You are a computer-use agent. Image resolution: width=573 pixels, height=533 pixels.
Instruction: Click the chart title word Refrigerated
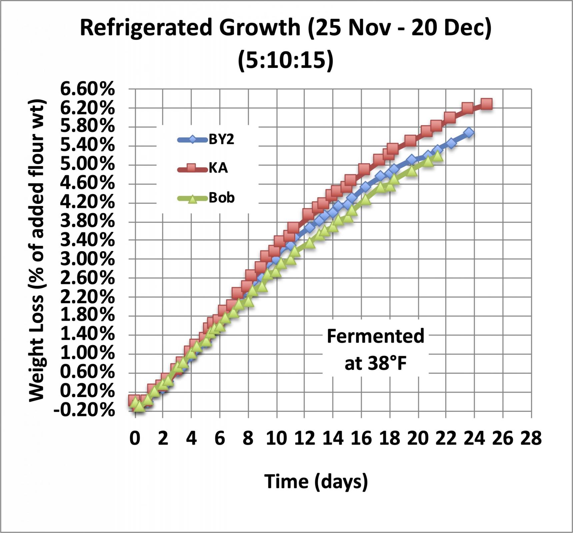pos(146,27)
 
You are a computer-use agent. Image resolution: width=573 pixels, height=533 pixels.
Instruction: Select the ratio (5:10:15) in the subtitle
pos(286,60)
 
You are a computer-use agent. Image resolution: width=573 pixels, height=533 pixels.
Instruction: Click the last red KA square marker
pos(486,104)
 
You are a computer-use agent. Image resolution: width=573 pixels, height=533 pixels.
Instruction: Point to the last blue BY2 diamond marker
pos(469,132)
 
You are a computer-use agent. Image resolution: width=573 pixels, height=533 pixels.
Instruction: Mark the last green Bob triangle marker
pos(438,156)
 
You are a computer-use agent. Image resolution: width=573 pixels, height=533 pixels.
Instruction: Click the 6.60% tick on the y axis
pos(87,89)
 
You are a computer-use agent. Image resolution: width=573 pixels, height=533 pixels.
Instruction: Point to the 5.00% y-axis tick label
pos(87,165)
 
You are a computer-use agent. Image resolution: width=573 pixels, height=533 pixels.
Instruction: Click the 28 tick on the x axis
pos(531,438)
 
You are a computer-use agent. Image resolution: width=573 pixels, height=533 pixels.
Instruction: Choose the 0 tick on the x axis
pos(135,438)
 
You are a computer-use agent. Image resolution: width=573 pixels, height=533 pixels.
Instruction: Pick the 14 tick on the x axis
pos(333,438)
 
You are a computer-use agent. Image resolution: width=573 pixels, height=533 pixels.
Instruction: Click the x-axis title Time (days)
pos(316,481)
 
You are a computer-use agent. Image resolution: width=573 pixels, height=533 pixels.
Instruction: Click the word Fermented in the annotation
pos(375,336)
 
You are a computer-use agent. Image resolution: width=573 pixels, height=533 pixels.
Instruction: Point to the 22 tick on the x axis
pos(446,438)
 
